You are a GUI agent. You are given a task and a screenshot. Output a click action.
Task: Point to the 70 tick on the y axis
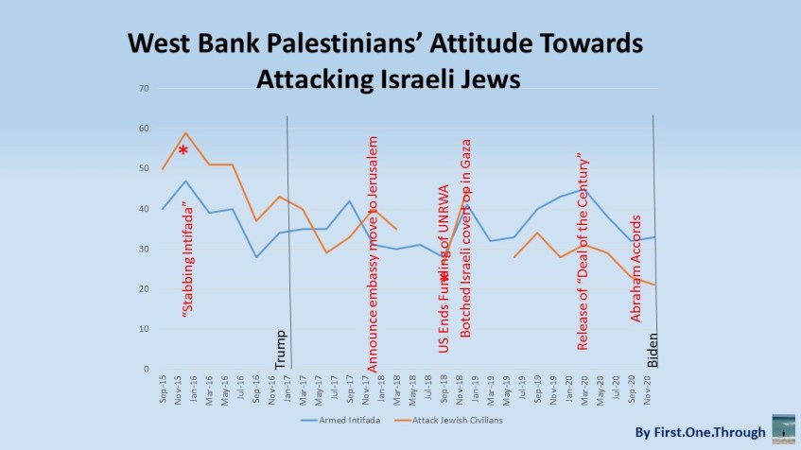coord(144,89)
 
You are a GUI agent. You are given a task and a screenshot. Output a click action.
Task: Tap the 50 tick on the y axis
coord(144,169)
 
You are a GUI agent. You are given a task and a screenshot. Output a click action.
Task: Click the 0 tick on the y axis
coord(147,369)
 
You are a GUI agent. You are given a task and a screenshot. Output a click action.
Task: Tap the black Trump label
coord(280,349)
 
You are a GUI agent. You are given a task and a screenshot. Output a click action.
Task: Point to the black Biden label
coord(652,349)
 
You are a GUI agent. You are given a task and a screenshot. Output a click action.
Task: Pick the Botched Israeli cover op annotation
coord(465,236)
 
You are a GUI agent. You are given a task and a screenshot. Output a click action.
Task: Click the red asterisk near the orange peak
coord(183,151)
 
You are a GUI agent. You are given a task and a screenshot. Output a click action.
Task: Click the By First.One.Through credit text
coord(699,433)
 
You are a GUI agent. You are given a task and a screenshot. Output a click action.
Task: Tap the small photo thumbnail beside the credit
coord(783,427)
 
